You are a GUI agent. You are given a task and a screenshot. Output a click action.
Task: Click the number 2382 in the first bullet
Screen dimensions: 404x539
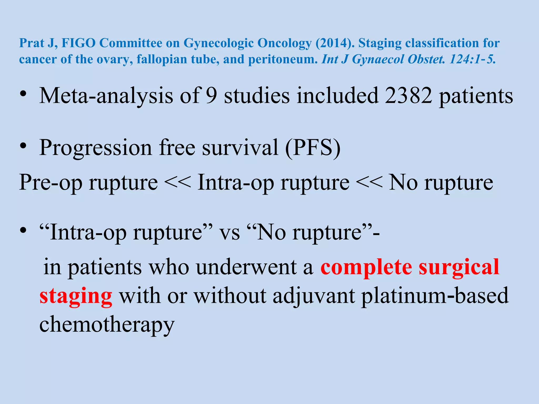click(408, 95)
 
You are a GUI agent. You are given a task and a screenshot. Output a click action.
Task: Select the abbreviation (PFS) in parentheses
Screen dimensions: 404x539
click(313, 148)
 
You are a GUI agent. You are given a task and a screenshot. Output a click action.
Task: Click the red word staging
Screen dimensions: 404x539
click(76, 296)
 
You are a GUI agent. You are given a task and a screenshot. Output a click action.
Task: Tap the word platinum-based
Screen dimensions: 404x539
click(435, 296)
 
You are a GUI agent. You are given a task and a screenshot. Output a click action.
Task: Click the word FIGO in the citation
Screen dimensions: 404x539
click(78, 43)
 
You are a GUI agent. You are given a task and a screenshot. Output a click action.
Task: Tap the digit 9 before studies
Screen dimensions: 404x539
click(211, 95)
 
